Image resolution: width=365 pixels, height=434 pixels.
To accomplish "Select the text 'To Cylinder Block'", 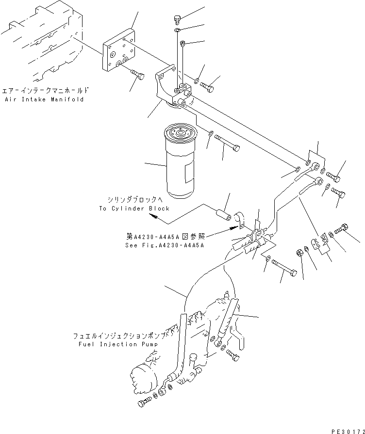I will pos(134,208).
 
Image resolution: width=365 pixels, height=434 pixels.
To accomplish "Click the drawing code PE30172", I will pos(346,430).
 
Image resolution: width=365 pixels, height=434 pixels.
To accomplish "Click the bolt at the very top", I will pos(177,19).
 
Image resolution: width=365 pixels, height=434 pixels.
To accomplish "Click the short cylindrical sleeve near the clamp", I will pos(222,213).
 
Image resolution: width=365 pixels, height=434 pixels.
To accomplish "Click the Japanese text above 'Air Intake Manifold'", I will pos(46,91).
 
